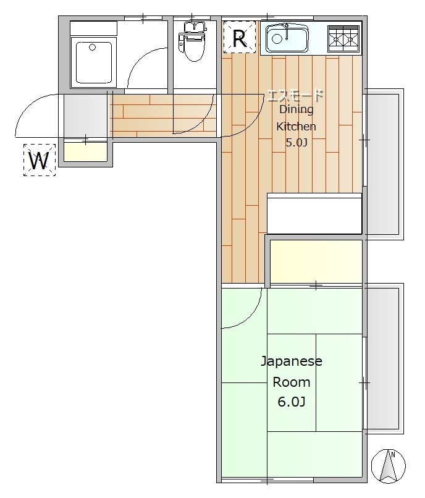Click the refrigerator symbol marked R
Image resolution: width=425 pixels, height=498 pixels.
pos(240,37)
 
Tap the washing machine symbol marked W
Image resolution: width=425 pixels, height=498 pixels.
pos(40,160)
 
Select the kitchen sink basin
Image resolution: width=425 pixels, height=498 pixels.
pos(287,38)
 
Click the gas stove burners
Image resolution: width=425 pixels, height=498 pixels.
pos(343,38)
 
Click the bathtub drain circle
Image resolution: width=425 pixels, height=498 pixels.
pos(93,48)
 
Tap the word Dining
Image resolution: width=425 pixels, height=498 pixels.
pos(297,109)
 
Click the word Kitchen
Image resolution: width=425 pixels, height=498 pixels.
pos(296,127)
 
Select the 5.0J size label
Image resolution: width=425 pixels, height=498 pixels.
pos(297,143)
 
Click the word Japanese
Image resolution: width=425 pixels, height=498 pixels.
pos(292,361)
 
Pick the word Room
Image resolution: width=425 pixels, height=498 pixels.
pos(292,382)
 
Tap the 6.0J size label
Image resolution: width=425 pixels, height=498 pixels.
pos(292,402)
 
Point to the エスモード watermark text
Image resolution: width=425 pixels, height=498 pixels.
pos(295,95)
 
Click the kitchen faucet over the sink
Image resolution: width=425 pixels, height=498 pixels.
pos(287,31)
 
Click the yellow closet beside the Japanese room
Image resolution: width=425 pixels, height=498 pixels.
pos(316,261)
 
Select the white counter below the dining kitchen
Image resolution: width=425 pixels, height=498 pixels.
pos(314,213)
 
